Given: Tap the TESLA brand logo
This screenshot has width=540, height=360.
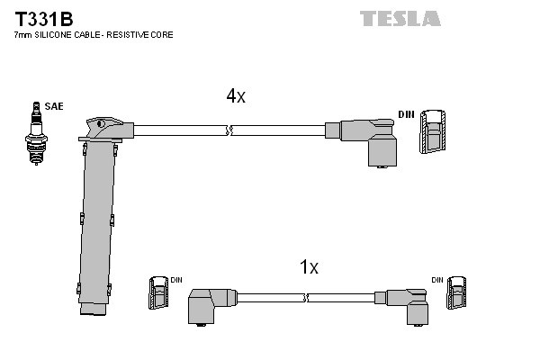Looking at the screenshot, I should tap(400, 18).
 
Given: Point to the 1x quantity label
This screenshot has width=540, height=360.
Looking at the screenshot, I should tap(309, 266).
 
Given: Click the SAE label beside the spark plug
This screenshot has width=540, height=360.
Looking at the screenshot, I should tap(55, 107).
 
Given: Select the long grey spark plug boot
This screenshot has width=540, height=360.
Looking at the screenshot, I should tap(97, 216).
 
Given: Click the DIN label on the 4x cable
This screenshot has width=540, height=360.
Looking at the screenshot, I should tap(406, 114).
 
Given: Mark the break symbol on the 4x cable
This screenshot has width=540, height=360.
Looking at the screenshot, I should tap(231, 130).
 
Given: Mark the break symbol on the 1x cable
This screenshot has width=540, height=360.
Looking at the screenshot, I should tap(306, 297).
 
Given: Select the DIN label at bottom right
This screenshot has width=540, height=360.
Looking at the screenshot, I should tap(436, 280).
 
